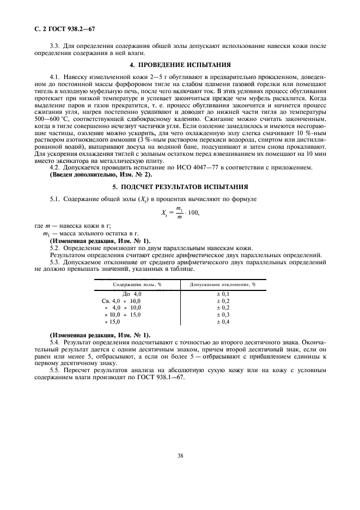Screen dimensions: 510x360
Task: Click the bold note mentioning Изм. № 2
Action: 101,174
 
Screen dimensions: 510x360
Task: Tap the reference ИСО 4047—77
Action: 202,167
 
